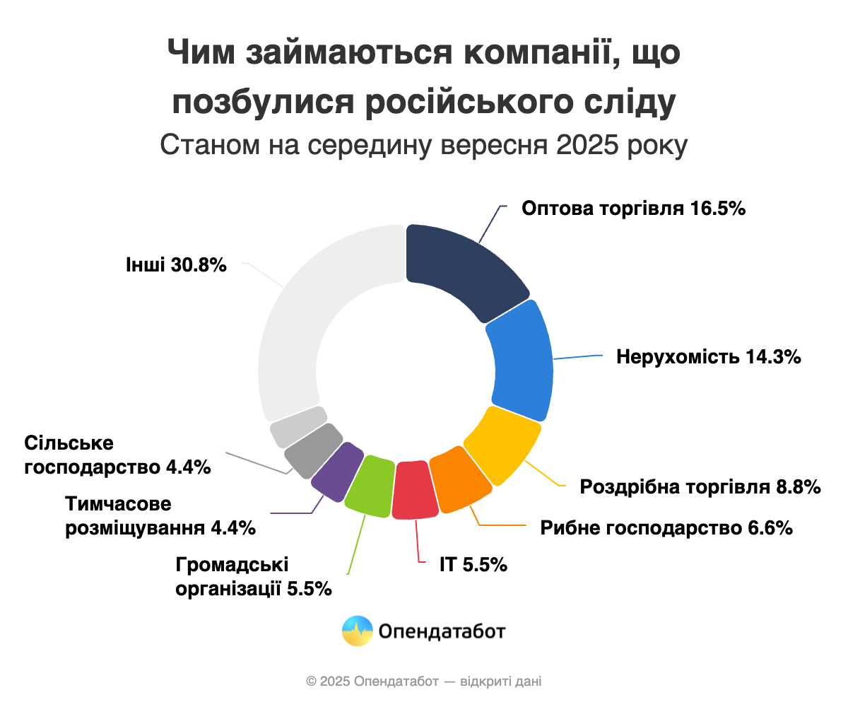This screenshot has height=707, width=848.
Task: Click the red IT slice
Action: click(x=413, y=491)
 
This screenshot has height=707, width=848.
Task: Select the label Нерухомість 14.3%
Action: click(x=708, y=356)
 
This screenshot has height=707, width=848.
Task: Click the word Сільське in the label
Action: click(x=69, y=443)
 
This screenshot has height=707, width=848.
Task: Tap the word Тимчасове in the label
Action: click(x=119, y=505)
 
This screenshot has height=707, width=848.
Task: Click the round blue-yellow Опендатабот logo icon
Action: click(x=357, y=630)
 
